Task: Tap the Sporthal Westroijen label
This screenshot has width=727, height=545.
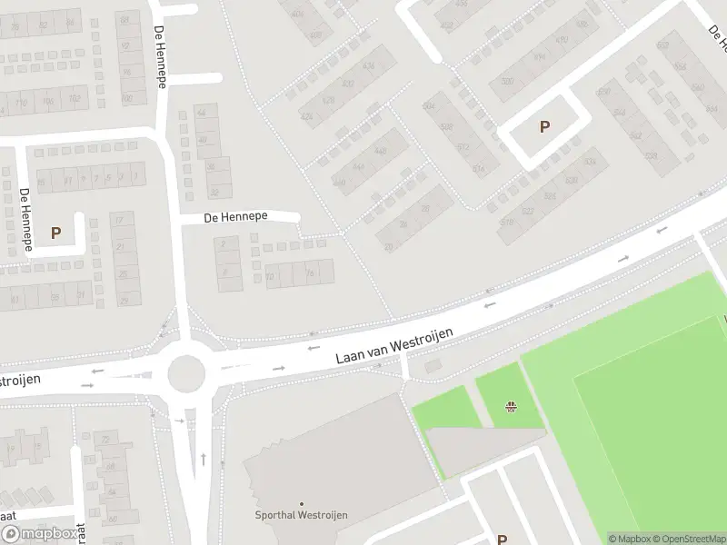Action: [302, 515]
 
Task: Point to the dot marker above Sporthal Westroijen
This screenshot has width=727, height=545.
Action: [302, 504]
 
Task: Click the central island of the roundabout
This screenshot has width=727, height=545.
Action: [187, 371]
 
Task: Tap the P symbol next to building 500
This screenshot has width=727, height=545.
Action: [544, 127]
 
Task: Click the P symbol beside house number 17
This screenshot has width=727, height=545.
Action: [55, 233]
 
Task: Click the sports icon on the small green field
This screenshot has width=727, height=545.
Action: [512, 406]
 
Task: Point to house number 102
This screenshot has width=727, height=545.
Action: [75, 99]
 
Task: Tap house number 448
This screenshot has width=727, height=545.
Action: [381, 151]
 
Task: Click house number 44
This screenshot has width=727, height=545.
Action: [202, 113]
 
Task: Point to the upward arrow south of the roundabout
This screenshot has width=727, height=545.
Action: [203, 459]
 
